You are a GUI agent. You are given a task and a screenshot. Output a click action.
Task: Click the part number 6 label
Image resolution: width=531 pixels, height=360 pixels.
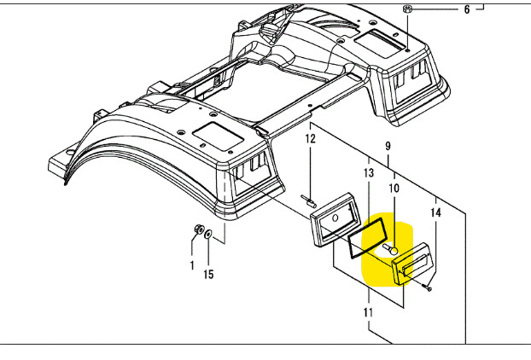467,10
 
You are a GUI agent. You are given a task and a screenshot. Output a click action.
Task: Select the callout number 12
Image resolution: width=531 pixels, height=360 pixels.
311,138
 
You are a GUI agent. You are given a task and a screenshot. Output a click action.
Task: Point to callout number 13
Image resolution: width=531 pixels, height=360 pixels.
368,173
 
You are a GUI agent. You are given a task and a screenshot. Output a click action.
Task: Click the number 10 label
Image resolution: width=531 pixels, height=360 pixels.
394,189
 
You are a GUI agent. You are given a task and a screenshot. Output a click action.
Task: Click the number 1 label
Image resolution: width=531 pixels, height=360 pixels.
192,265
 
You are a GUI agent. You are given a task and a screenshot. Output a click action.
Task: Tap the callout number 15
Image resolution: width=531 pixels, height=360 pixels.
209,275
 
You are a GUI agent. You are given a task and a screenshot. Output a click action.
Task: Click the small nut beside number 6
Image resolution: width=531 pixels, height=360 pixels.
408,9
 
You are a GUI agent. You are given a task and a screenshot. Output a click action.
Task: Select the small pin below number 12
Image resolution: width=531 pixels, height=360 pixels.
309,201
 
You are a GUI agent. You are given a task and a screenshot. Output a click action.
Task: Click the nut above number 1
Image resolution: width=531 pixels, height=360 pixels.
197,229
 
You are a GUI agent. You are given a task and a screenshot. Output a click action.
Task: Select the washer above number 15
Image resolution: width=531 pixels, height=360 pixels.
209,234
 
